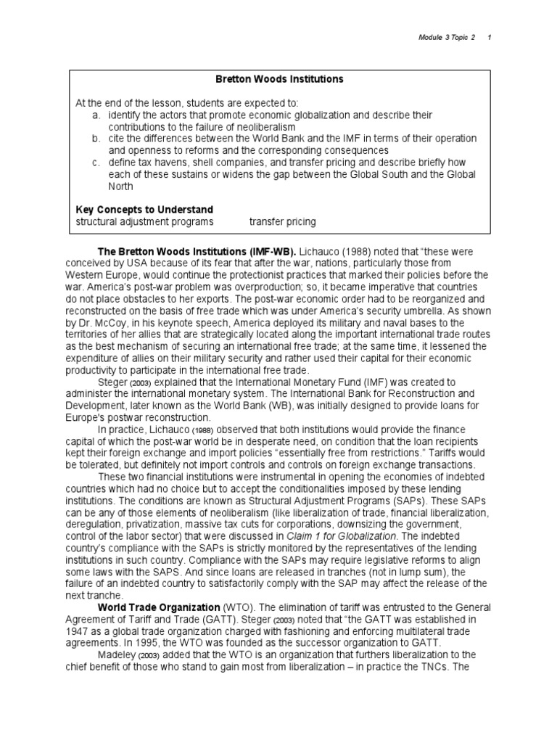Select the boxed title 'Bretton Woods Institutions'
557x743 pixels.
pyautogui.click(x=279, y=78)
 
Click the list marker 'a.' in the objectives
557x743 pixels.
pyautogui.click(x=96, y=115)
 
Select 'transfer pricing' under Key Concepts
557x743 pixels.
pyautogui.click(x=282, y=221)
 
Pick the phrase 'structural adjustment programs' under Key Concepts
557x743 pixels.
pyautogui.click(x=144, y=221)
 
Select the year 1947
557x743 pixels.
pyautogui.click(x=88, y=631)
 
